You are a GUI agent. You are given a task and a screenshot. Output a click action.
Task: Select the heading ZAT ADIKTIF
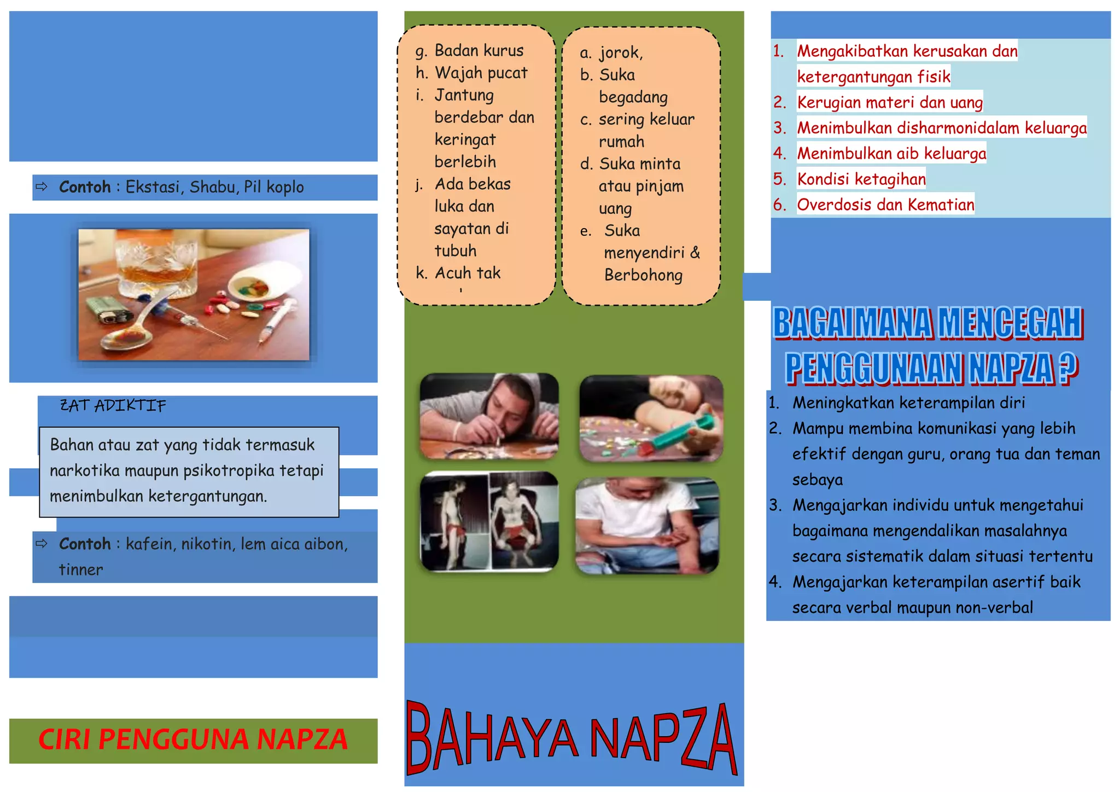[x=113, y=406]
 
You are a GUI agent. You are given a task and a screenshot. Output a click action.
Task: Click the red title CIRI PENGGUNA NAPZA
[x=193, y=739]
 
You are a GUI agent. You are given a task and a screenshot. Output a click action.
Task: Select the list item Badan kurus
[x=479, y=51]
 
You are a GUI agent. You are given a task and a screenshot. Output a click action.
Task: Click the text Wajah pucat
[x=481, y=73]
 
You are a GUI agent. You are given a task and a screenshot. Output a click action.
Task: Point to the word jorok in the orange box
[x=620, y=53]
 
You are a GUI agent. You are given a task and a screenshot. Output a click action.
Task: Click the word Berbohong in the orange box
[x=643, y=275]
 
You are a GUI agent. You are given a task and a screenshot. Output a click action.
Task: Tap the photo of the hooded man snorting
[x=489, y=416]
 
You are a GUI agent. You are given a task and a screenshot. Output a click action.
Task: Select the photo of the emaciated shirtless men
[x=489, y=521]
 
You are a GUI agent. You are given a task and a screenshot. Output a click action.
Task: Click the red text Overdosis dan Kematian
[x=885, y=205]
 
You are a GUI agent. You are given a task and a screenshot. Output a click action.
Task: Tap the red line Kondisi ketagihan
[x=861, y=179]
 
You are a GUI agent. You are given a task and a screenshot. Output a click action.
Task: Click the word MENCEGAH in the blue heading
[x=1010, y=323]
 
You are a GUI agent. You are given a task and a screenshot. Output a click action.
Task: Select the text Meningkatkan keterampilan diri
[x=908, y=403]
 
